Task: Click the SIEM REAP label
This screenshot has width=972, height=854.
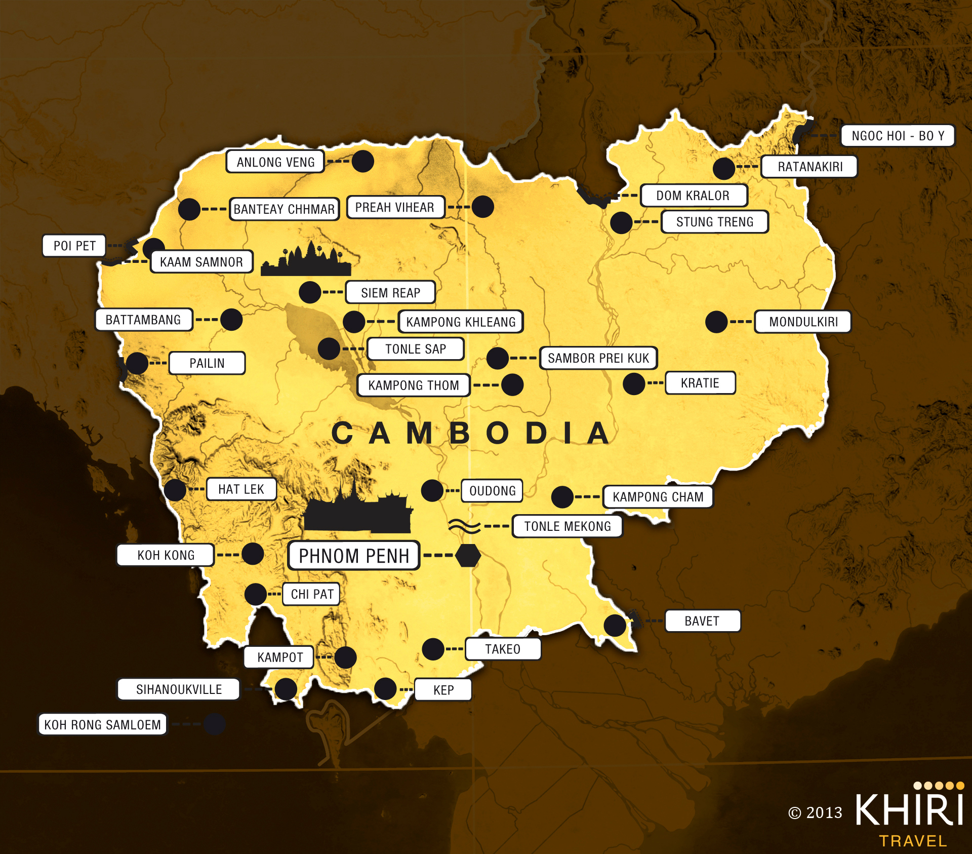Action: [390, 292]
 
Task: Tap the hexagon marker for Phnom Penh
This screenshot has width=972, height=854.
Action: [468, 556]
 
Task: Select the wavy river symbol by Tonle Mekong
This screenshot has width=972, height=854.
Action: [464, 526]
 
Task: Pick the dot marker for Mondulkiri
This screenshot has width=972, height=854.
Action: [716, 322]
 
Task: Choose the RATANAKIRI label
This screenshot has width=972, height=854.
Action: [809, 167]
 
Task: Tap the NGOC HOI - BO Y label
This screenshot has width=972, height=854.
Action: [898, 136]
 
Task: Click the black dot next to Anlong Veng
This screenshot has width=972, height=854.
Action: [362, 161]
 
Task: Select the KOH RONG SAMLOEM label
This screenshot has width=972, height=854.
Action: [103, 724]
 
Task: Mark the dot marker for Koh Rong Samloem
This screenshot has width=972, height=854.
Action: [214, 724]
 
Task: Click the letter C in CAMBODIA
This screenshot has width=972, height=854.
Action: [343, 434]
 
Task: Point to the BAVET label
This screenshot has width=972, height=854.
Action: [702, 621]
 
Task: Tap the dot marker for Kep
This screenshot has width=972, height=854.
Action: [385, 689]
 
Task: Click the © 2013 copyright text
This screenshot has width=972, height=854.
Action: [815, 813]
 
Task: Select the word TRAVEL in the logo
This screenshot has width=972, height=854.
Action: [913, 841]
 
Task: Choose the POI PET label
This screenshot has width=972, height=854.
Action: [74, 246]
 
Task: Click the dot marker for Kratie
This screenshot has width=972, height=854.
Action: [634, 384]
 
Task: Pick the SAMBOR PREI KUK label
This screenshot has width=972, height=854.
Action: [598, 358]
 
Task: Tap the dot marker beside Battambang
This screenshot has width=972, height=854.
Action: [231, 320]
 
